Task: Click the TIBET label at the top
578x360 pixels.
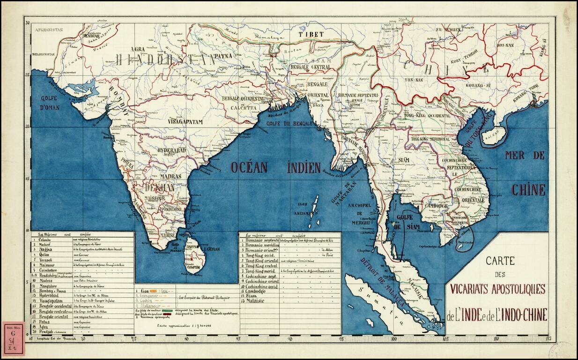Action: (x=311, y=35)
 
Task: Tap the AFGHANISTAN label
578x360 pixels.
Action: (x=48, y=30)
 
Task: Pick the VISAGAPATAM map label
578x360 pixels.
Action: (x=185, y=122)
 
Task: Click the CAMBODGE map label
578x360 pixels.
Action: (x=436, y=205)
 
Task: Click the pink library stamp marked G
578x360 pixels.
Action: (x=13, y=338)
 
